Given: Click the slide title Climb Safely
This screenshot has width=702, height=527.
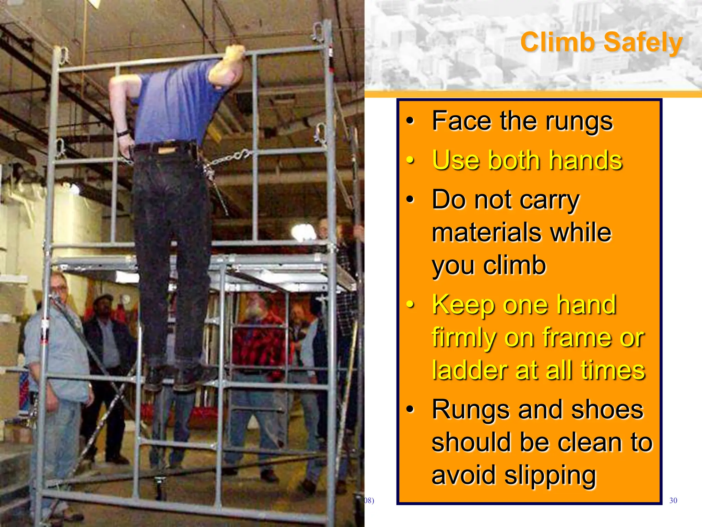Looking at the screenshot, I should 601,43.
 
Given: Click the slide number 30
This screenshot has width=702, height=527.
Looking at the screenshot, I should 673,501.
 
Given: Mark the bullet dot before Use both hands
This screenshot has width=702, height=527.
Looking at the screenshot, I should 410,160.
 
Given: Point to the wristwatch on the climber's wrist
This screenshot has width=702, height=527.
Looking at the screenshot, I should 123,133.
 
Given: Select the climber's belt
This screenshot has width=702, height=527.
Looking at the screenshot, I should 165,148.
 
